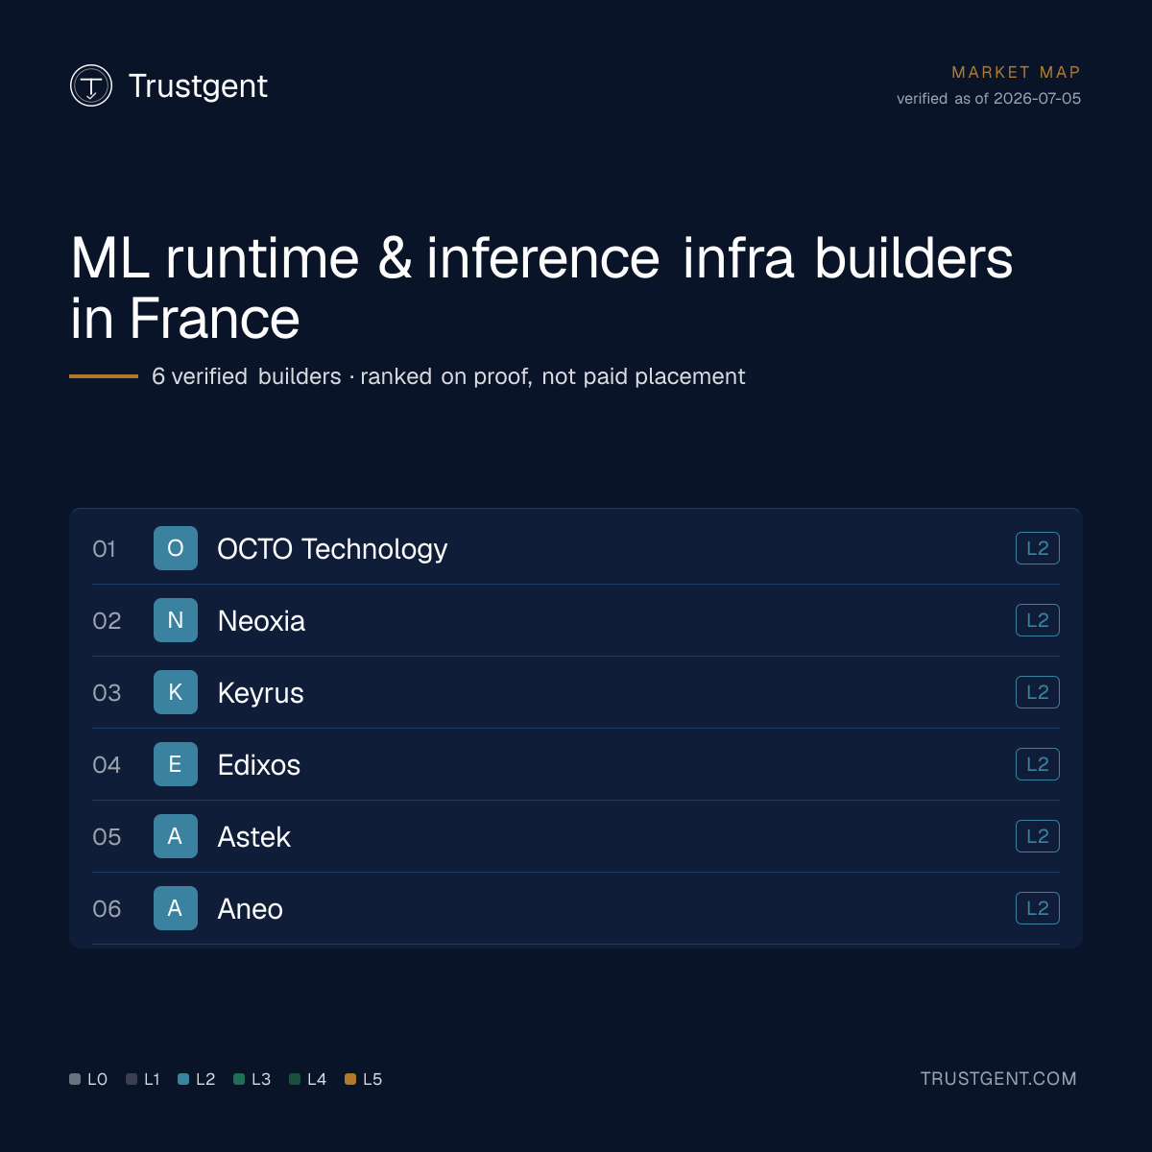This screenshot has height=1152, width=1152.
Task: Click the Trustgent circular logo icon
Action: click(x=91, y=85)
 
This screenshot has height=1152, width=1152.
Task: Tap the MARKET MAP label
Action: click(x=1016, y=72)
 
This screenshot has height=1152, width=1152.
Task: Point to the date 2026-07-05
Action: click(x=1037, y=99)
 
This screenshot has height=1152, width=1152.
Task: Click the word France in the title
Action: click(x=214, y=319)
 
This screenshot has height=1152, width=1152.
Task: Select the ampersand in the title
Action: click(x=395, y=258)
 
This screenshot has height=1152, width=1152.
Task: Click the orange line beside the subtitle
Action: click(x=104, y=376)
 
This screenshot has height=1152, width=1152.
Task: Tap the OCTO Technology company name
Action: click(x=332, y=549)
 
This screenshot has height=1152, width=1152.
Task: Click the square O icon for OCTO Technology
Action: click(x=175, y=548)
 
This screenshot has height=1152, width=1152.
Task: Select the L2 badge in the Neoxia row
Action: click(x=1037, y=620)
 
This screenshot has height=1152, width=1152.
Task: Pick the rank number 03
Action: click(x=107, y=693)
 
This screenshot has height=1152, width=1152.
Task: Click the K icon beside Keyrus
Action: click(x=175, y=692)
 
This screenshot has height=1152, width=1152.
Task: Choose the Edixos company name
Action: click(x=259, y=764)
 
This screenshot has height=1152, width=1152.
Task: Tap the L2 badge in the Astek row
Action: click(x=1037, y=836)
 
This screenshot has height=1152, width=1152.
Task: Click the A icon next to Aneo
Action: click(x=175, y=908)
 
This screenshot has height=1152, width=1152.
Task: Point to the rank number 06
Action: click(x=107, y=909)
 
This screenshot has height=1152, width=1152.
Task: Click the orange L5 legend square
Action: click(x=350, y=1079)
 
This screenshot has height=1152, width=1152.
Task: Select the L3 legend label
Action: click(x=261, y=1079)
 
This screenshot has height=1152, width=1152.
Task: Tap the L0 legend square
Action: click(x=75, y=1079)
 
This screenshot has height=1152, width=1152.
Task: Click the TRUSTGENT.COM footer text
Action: click(x=998, y=1078)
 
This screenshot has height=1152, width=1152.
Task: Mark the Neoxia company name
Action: click(x=261, y=620)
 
